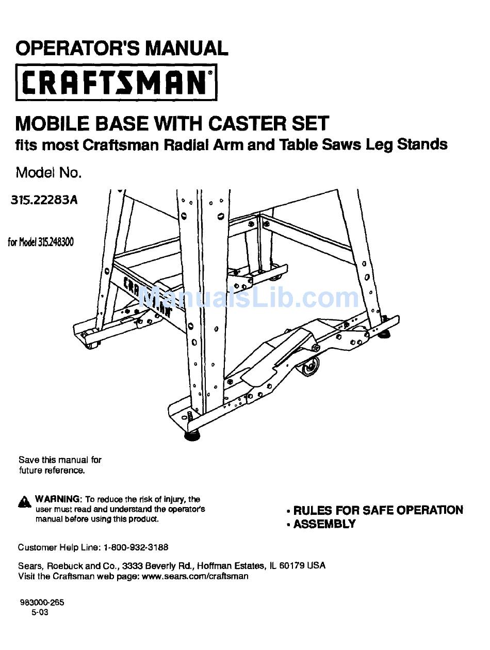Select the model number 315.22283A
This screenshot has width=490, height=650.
click(44, 200)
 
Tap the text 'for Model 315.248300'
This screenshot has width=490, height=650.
click(41, 241)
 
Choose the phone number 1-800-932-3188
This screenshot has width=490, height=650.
click(136, 547)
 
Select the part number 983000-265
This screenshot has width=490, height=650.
click(42, 603)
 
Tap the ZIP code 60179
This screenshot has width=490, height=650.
click(292, 565)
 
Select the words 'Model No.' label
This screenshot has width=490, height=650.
click(48, 172)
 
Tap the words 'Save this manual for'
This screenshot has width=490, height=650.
click(60, 460)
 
